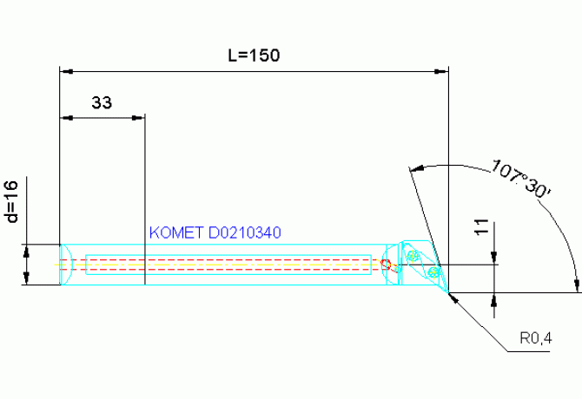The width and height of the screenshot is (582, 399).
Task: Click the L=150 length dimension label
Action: (x=254, y=56)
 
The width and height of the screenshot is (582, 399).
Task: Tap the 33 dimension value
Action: (x=102, y=102)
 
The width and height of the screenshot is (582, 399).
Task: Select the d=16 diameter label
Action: (x=12, y=201)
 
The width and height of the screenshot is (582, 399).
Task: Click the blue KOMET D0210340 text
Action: (x=215, y=232)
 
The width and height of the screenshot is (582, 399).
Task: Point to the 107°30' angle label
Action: (x=520, y=180)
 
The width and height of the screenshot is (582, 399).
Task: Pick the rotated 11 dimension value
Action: (x=482, y=227)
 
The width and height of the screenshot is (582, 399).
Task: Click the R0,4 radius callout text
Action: (x=536, y=338)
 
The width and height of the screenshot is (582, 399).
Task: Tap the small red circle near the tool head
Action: (x=387, y=265)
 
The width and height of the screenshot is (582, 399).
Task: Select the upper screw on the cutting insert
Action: (x=412, y=255)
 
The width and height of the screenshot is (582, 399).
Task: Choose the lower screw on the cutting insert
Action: (x=433, y=272)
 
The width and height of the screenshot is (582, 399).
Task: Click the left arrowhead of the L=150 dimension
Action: (x=66, y=71)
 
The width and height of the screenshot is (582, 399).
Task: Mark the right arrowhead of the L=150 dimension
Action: (x=441, y=71)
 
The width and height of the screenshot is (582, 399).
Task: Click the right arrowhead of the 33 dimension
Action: (x=138, y=118)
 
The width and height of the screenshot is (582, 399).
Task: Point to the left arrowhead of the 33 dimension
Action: (x=66, y=118)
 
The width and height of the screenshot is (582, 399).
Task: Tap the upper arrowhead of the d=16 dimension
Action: (x=26, y=252)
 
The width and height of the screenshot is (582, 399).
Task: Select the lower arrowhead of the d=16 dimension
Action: (x=26, y=278)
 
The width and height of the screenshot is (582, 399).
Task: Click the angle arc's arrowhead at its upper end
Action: (x=416, y=168)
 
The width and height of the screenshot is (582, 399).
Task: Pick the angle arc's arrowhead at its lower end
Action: (x=577, y=285)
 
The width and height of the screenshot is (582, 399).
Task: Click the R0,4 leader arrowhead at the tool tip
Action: (x=453, y=298)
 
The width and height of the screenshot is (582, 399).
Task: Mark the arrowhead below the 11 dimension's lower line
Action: (x=493, y=299)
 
